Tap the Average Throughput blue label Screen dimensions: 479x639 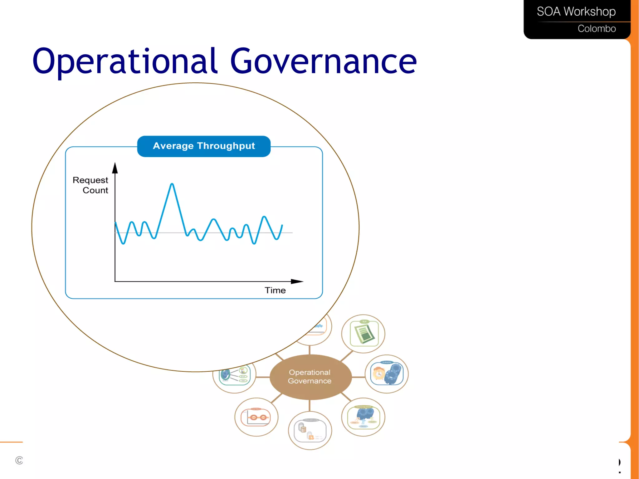click(204, 146)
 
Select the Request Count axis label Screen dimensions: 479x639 click(90, 185)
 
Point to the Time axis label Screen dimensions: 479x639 click(275, 290)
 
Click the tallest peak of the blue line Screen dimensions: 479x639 click(172, 185)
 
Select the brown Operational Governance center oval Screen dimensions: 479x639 click(310, 377)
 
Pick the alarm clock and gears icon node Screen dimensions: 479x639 click(387, 374)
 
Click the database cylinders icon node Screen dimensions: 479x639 click(310, 431)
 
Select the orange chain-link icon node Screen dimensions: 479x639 click(256, 417)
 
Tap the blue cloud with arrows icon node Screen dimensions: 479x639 click(363, 417)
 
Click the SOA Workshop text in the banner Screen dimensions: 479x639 click(576, 12)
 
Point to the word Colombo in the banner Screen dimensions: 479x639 click(596, 29)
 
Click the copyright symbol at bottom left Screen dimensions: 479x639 click(19, 460)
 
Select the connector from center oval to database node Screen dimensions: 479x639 click(310, 406)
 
